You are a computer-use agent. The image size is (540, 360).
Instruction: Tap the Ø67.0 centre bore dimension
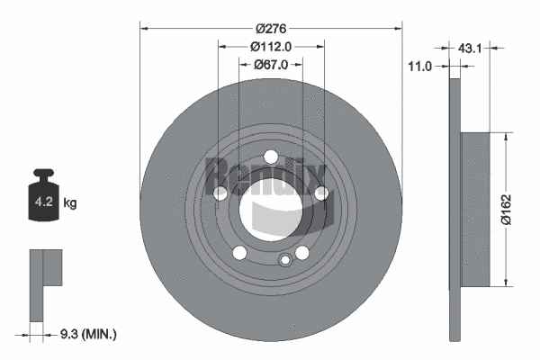271,64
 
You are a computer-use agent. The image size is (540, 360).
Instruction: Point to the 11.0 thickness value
420,66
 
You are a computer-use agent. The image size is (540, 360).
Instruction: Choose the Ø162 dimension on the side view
509,210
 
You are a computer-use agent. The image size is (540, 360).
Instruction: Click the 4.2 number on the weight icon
42,203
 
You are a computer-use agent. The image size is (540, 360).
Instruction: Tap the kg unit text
70,203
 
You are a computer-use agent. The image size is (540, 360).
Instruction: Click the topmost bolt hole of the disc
271,157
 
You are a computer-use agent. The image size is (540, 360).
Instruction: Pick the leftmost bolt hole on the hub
220,193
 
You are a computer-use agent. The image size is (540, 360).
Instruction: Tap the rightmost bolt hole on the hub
321,192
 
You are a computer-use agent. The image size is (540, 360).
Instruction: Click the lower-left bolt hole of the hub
239,252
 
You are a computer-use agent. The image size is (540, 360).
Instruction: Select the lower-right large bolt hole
302,252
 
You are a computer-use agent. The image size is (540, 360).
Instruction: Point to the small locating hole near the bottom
284,261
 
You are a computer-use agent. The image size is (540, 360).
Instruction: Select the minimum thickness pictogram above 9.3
47,283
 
